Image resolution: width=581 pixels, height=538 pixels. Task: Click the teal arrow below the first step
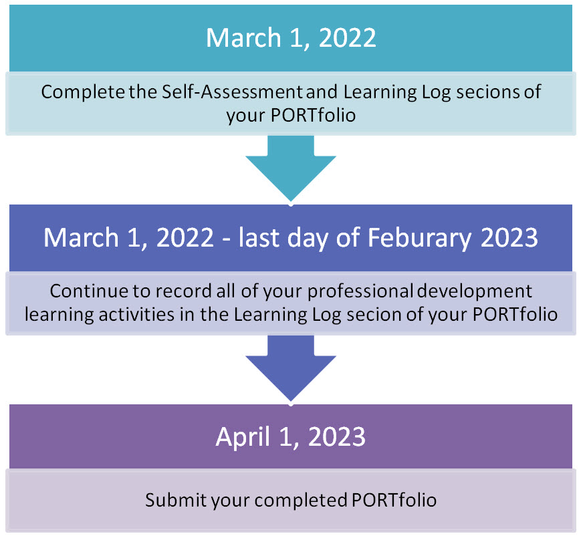(x=291, y=167)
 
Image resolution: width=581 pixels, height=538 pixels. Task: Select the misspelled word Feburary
(x=419, y=238)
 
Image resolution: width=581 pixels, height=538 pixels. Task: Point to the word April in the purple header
(x=243, y=437)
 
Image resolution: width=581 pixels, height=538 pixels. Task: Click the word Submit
(x=176, y=500)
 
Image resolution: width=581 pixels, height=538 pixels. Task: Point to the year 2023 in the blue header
(x=509, y=238)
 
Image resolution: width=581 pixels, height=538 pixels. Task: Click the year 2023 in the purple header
(x=337, y=437)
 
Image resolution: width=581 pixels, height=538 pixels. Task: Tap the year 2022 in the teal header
(x=347, y=38)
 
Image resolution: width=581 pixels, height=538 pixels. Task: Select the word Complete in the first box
(x=83, y=92)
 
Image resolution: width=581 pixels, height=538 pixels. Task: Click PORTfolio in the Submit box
(x=394, y=500)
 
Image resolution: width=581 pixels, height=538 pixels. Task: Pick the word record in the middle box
(x=183, y=291)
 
